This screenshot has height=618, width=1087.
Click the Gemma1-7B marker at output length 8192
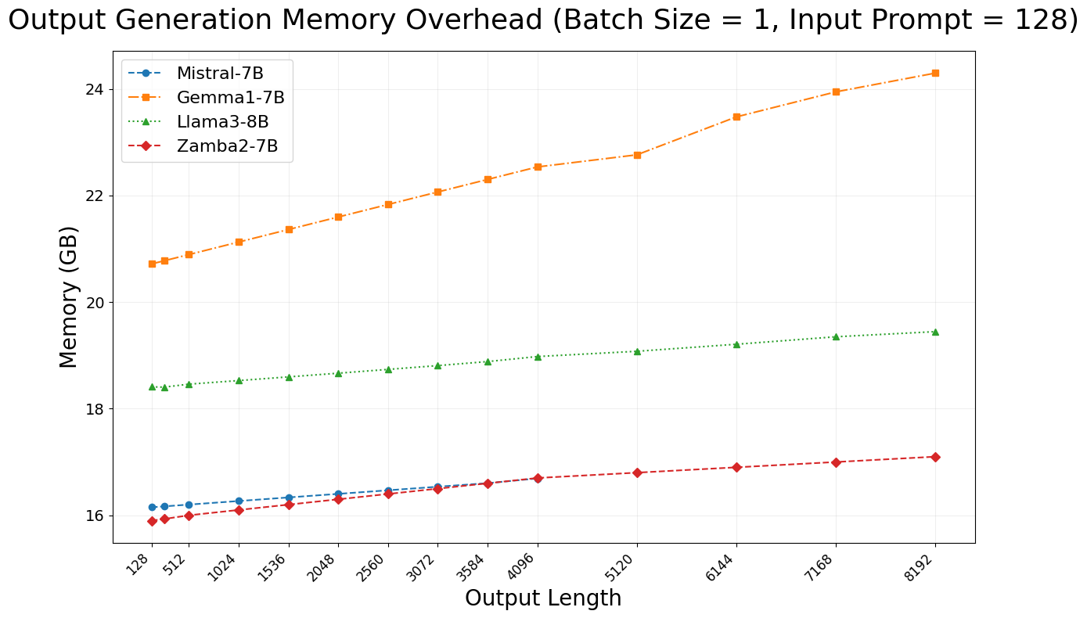pyautogui.click(x=935, y=73)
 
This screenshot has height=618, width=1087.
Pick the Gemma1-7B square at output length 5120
pyautogui.click(x=637, y=155)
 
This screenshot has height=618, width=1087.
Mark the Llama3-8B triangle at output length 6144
pyautogui.click(x=736, y=344)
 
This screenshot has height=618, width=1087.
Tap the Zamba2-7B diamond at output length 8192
pyautogui.click(x=935, y=457)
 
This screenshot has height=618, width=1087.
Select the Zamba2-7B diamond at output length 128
pyautogui.click(x=152, y=521)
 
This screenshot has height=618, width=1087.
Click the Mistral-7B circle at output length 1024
pyautogui.click(x=239, y=501)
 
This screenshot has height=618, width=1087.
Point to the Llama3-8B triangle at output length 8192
pyautogui.click(x=935, y=332)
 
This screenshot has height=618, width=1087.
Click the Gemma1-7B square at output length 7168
pyautogui.click(x=836, y=92)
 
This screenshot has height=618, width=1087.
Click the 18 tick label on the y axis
pyautogui.click(x=94, y=409)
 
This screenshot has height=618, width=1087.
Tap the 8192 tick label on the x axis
pyautogui.click(x=922, y=563)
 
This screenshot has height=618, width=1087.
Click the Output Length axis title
pyautogui.click(x=543, y=598)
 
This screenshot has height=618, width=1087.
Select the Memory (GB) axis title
pyautogui.click(x=70, y=297)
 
